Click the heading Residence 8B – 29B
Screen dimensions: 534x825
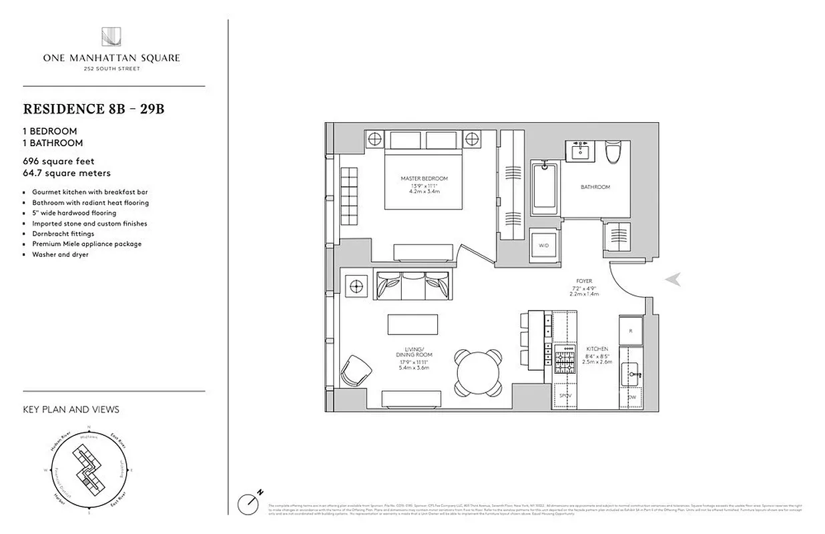point(93,109)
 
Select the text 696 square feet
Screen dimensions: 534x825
point(59,162)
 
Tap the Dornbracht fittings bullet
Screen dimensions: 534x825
point(63,234)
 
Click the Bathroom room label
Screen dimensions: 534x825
point(595,188)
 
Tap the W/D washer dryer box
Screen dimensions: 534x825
point(545,245)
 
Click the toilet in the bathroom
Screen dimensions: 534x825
point(613,152)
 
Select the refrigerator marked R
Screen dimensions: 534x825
point(630,329)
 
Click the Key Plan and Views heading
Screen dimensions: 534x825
point(71,409)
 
